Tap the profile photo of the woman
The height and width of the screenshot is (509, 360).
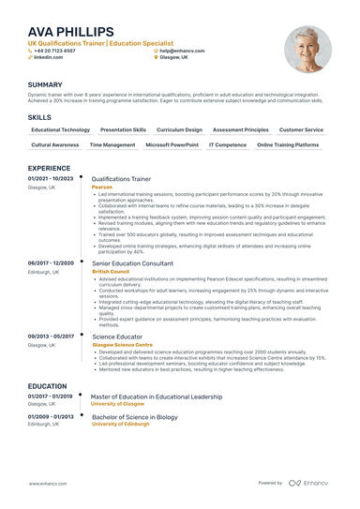point(307,49)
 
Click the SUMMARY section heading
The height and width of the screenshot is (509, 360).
point(45,84)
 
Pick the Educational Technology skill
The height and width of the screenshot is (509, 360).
point(60,130)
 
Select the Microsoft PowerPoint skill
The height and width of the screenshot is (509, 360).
point(172,145)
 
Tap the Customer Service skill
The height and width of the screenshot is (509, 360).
point(301,130)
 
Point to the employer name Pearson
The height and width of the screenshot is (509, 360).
point(101,187)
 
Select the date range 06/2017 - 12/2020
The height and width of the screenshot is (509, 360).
point(51,263)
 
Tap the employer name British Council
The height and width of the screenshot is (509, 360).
point(111,271)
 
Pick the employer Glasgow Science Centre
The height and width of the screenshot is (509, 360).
point(122,344)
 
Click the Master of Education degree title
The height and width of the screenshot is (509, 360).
point(157,396)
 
